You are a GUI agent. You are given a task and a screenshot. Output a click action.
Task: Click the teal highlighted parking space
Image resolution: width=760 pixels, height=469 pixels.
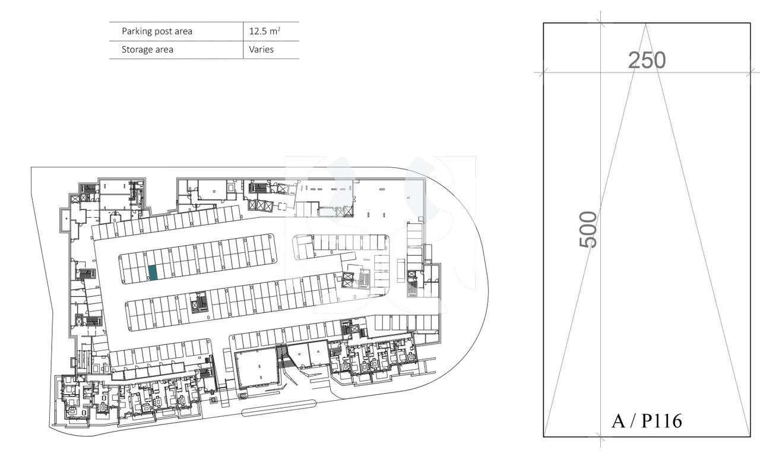[x=153, y=272]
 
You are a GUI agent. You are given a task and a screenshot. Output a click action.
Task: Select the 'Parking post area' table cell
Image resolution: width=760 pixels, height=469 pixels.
[x=157, y=31]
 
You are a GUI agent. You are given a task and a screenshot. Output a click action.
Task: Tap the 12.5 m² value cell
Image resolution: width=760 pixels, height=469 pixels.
[x=264, y=31]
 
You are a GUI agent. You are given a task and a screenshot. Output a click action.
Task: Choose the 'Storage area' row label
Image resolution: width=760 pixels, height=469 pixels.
[x=147, y=50]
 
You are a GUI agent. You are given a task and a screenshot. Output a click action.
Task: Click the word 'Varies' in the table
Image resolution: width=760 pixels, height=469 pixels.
[x=261, y=50]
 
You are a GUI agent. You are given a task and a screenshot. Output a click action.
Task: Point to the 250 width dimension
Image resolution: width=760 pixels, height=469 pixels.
[x=647, y=60]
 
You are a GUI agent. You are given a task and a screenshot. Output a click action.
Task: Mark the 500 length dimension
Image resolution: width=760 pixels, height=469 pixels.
[x=588, y=229]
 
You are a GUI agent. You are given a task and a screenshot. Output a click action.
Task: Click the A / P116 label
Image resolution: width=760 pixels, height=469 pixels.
[x=647, y=421]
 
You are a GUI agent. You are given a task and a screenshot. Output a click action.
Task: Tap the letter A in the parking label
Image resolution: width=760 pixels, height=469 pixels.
[x=618, y=421]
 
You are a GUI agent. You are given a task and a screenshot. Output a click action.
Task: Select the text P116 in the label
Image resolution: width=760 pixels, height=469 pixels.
[x=662, y=421]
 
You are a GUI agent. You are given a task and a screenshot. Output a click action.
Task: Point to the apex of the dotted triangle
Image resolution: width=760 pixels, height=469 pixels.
[x=646, y=24]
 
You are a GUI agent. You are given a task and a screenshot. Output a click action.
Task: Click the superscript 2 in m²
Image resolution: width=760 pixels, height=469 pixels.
[x=278, y=28]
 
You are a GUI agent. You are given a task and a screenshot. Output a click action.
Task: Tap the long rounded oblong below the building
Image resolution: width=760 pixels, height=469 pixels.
[x=278, y=408]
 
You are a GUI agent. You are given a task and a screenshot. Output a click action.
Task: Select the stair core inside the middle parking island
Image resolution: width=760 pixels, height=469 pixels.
[x=199, y=303]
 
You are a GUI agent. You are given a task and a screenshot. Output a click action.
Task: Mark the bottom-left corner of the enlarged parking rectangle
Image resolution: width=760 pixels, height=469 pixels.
[x=544, y=436]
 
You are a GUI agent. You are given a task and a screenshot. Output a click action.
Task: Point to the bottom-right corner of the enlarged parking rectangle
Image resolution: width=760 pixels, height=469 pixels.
[x=750, y=436]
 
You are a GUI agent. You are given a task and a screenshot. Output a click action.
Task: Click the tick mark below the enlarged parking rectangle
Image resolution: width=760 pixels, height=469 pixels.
[x=600, y=440]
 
